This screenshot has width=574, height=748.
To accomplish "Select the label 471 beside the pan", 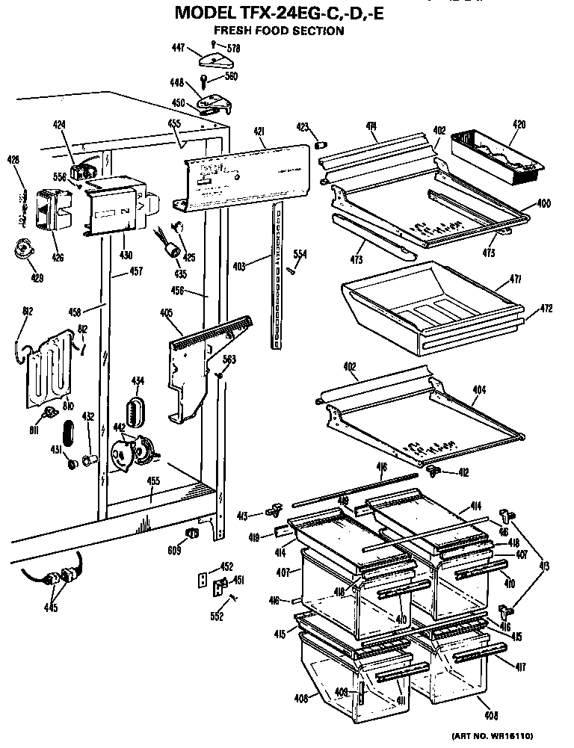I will pos(515,279).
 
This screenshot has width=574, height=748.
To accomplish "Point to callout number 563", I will pos(229,359).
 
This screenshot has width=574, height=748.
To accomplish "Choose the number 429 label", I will pos(37,278).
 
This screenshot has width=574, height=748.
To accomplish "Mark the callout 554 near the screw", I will pos(300,253).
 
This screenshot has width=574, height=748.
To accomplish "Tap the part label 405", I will pos(167,313).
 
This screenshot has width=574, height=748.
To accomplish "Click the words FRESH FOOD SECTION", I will pos(279,31).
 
